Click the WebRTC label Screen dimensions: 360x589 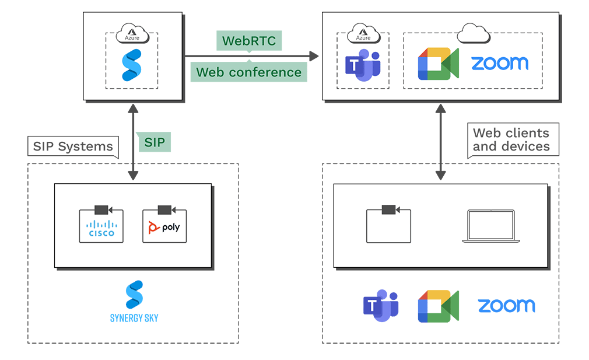250,41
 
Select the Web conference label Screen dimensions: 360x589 249,72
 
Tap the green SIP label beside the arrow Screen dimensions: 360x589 155,142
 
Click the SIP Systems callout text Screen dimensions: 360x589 73,146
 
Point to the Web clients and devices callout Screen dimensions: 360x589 511,140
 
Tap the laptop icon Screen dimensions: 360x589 490,226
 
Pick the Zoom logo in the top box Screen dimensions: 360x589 499,64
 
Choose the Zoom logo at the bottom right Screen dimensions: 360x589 506,306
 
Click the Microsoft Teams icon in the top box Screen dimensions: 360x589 363,65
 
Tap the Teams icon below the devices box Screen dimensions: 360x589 381,306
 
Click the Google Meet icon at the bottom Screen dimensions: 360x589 438,306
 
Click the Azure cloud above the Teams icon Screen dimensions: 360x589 363,34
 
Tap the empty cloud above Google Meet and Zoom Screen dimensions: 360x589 472,34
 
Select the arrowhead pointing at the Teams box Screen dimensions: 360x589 314,56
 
